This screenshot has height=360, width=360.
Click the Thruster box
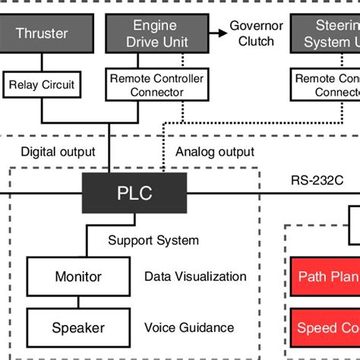point(42,33)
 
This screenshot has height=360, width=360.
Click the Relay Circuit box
point(42,84)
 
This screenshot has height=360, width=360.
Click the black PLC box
point(134,193)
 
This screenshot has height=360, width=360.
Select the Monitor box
point(77,276)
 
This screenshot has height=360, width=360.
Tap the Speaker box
point(77,328)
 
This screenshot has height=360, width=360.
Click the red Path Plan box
point(325,276)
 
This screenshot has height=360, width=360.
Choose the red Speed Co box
point(325,328)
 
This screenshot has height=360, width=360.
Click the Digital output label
point(58,151)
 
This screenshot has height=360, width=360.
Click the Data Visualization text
point(195,276)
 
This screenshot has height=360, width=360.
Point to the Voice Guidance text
point(189,328)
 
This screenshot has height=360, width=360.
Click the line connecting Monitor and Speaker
point(77,302)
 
